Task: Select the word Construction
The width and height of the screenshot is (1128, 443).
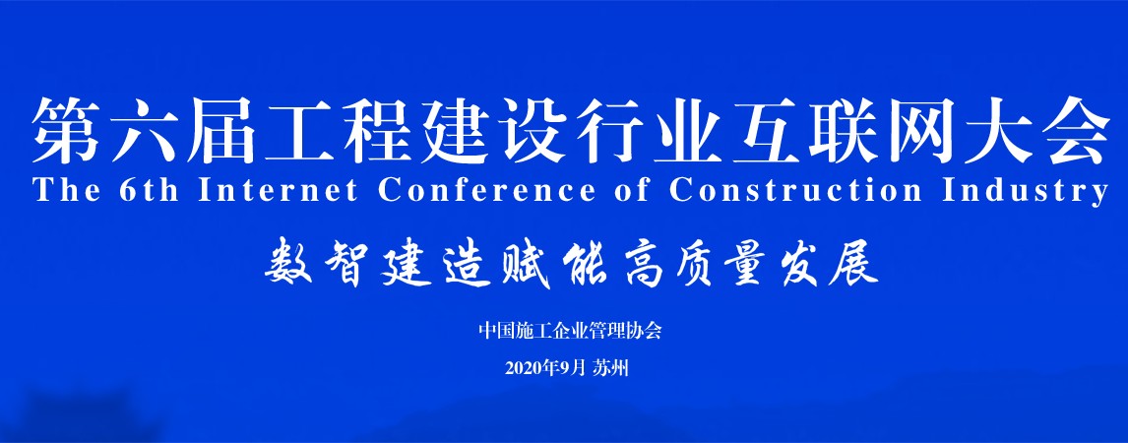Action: tap(795, 191)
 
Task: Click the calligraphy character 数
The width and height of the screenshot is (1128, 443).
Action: tap(287, 266)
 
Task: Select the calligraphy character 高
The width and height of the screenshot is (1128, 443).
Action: tap(642, 266)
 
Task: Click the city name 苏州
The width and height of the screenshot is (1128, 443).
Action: tap(611, 369)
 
